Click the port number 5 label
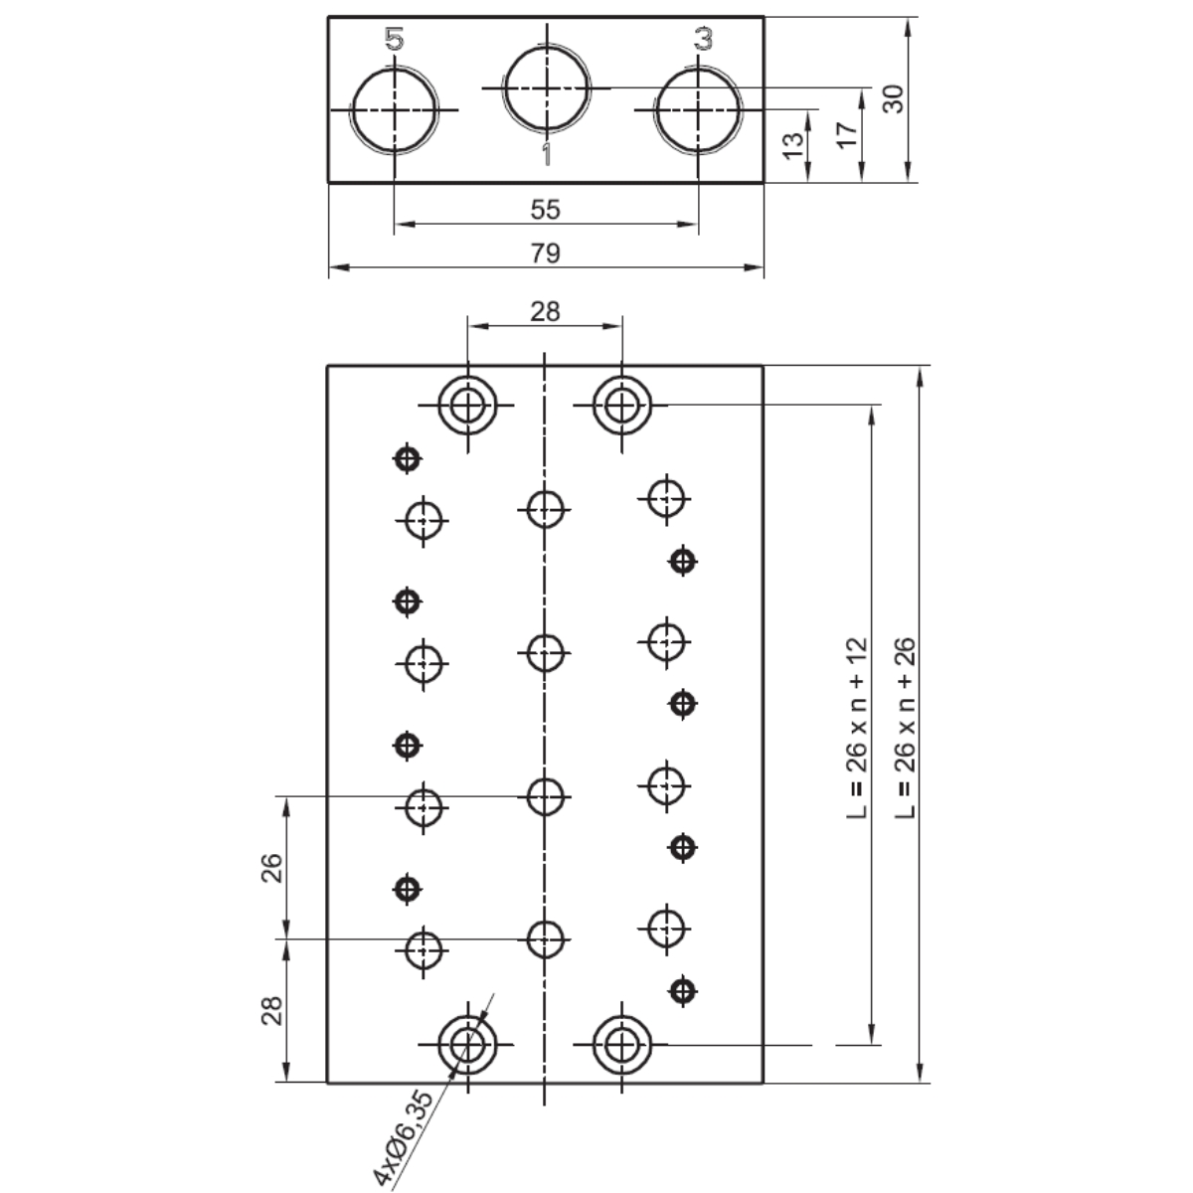395,39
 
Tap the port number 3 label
703,39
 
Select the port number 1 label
546,154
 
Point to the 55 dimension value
546,210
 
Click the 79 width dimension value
546,254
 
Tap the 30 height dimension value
894,99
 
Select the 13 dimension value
793,145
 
